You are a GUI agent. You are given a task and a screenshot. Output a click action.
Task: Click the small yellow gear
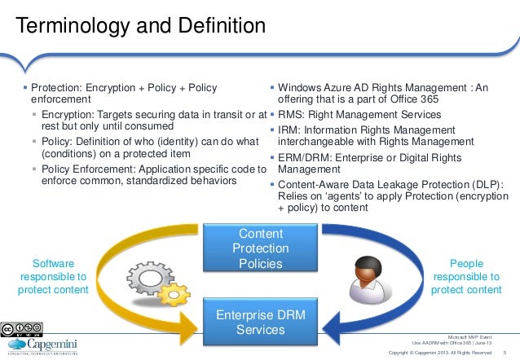point(174,292)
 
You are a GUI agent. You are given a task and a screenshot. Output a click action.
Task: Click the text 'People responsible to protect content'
point(466,277)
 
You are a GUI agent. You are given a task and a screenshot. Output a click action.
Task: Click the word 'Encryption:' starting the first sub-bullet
point(70,115)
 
